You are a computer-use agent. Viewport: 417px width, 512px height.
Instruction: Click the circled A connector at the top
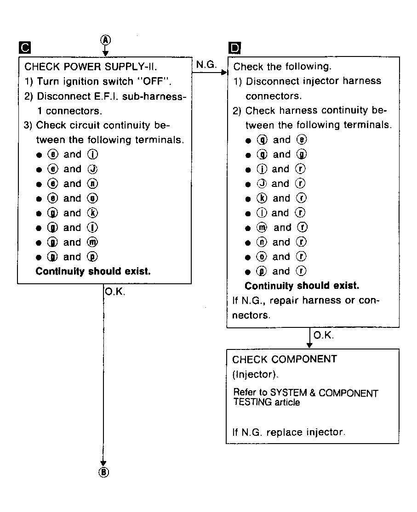106,40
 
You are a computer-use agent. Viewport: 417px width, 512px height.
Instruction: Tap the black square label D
234,48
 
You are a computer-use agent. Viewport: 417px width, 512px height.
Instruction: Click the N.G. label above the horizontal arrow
206,65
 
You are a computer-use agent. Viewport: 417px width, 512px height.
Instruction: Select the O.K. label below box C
115,292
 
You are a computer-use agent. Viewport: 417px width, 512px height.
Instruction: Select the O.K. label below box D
323,336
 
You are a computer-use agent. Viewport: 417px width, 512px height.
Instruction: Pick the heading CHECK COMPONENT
285,359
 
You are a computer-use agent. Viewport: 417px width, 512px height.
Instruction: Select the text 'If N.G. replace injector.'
289,432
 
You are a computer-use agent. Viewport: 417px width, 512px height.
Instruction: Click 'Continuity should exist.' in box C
93,271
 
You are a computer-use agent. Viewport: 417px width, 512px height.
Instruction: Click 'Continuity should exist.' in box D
302,286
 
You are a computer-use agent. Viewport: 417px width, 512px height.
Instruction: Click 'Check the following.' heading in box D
282,67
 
